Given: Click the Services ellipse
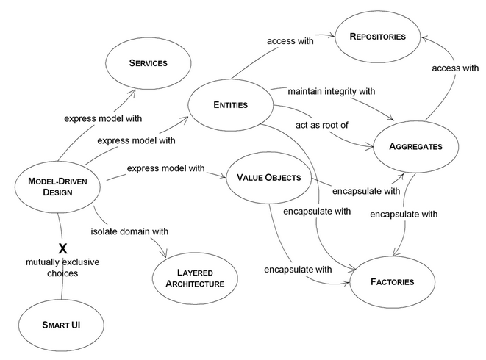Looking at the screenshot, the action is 149,63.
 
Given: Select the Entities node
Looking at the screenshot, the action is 231,105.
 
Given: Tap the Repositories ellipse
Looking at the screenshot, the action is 377,37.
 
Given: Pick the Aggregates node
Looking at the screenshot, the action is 415,146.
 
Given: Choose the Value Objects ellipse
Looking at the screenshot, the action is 268,178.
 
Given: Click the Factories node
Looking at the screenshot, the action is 393,282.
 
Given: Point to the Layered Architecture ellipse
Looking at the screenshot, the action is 195,278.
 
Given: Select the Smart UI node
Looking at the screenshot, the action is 61,325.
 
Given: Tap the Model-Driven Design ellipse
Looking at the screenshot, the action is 57,187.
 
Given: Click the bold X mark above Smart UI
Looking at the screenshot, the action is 62,248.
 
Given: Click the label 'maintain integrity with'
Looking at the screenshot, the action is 332,91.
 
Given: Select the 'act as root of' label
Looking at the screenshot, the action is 322,125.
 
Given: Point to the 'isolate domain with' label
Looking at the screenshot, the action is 129,231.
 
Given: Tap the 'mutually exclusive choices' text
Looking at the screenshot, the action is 62,267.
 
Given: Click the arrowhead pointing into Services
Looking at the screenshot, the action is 133,92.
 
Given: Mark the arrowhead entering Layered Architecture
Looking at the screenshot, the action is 164,255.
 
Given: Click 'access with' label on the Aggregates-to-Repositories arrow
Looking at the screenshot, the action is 455,68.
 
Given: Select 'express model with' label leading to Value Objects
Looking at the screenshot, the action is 166,168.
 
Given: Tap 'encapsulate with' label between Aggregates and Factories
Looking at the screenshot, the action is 404,215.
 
